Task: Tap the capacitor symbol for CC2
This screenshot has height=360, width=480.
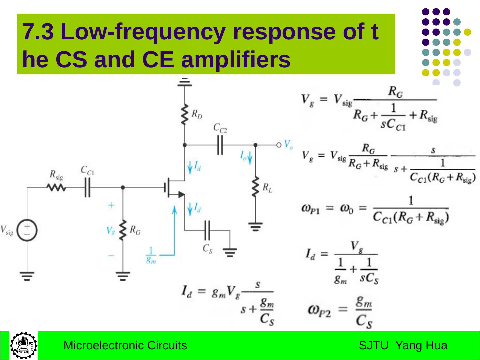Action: pyautogui.click(x=220, y=145)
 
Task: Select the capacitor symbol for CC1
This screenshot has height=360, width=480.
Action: pyautogui.click(x=87, y=188)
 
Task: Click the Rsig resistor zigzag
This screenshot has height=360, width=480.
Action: pyautogui.click(x=56, y=188)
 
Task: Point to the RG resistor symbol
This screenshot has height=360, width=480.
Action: pyautogui.click(x=123, y=230)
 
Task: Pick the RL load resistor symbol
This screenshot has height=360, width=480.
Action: pyautogui.click(x=256, y=187)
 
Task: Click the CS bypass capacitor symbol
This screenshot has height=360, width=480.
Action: pyautogui.click(x=207, y=230)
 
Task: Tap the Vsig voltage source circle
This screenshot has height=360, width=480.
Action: pyautogui.click(x=27, y=230)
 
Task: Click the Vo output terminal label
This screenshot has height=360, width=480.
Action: pyautogui.click(x=288, y=144)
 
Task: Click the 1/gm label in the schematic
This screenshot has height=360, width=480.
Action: pyautogui.click(x=151, y=255)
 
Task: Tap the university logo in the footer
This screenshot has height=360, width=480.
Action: pyautogui.click(x=23, y=345)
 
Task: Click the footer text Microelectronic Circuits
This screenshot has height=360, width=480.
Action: pyautogui.click(x=125, y=346)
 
